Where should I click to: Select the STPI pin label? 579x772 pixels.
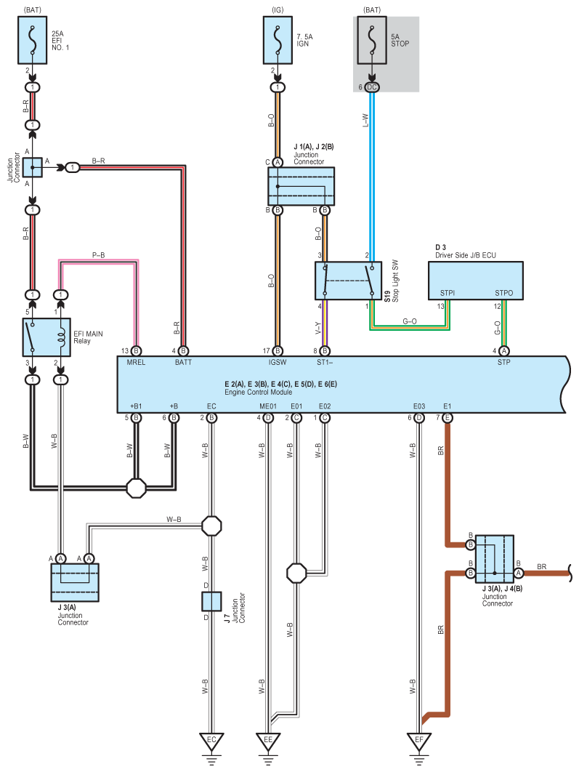pos(448,293)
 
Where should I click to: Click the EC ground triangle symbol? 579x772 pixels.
pos(211,742)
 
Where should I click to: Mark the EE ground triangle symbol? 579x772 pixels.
pos(268,742)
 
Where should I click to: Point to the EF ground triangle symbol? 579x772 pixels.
pos(418,742)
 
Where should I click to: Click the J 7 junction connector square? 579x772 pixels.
pos(211,601)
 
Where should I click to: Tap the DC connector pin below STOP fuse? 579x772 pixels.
pos(372,87)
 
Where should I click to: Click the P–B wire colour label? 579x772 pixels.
pos(98,255)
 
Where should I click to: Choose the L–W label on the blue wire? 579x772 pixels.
pos(365,121)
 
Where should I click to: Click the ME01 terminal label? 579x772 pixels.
pos(268,408)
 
